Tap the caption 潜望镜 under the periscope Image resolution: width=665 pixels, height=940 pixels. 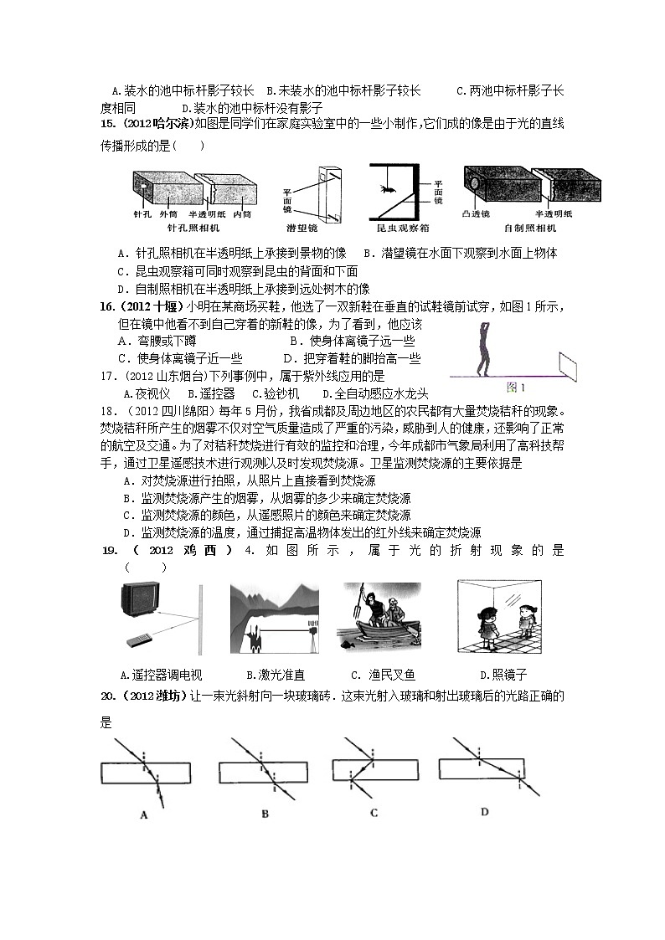(325, 227)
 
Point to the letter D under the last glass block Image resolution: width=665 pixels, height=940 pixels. (485, 810)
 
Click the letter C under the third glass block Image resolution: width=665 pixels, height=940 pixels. (374, 812)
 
